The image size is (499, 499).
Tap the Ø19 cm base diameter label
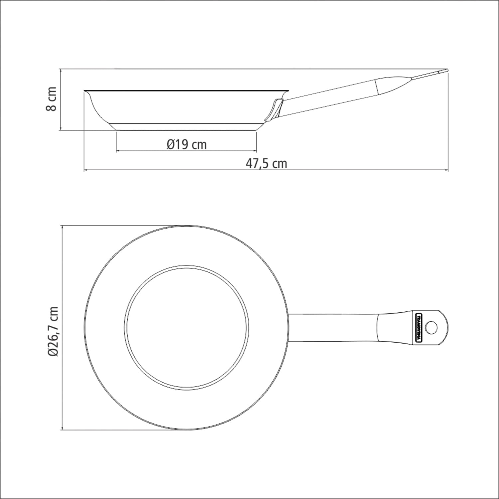(187, 144)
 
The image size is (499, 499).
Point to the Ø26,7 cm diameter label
(53, 332)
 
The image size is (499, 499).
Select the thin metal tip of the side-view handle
(429, 74)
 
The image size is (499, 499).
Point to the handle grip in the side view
(393, 86)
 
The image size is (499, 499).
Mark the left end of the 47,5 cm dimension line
(84, 170)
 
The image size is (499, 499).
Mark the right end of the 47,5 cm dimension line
(448, 170)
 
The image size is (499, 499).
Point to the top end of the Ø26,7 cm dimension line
(63, 226)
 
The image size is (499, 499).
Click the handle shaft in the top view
(333, 328)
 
